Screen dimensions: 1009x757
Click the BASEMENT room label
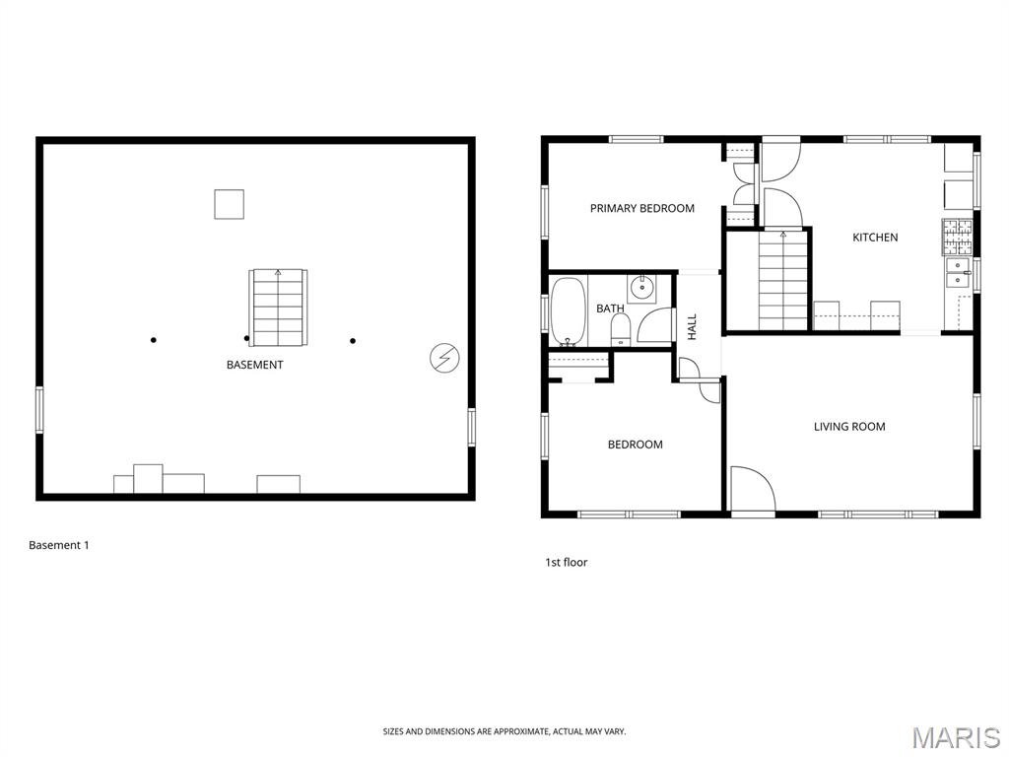pos(255,365)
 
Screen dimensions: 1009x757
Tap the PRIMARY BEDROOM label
pos(642,209)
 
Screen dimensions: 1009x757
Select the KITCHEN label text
pos(875,238)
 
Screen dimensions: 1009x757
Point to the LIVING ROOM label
pos(849,427)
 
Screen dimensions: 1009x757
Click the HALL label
pos(693,327)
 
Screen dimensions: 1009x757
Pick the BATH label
pos(610,309)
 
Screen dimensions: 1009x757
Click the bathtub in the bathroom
pos(569,311)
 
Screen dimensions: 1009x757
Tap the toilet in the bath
pos(621,329)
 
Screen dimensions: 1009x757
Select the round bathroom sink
pos(641,289)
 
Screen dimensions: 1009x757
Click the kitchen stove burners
pos(958,237)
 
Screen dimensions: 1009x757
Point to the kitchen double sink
pos(958,272)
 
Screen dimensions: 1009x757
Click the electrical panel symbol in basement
pos(444,358)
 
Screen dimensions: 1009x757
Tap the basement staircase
pos(278,308)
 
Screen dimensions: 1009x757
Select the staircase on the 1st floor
pos(782,281)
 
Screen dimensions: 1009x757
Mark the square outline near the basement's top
pos(229,204)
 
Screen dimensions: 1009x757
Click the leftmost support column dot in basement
pos(153,340)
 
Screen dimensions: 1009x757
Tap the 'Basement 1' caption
pos(59,545)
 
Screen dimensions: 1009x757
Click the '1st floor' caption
pos(567,562)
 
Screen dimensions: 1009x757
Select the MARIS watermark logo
pos(956,737)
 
